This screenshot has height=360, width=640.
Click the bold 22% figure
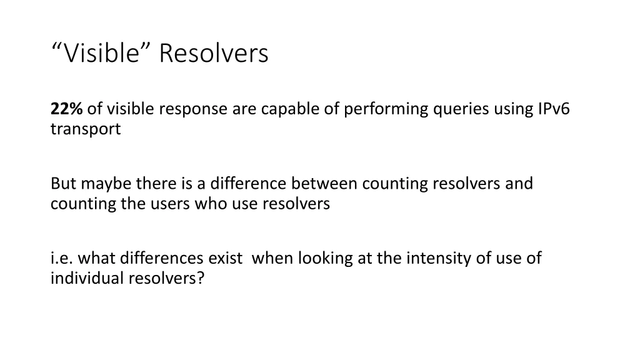pyautogui.click(x=66, y=109)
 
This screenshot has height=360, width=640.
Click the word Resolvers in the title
pyautogui.click(x=213, y=54)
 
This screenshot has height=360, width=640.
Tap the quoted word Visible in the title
pyautogui.click(x=101, y=54)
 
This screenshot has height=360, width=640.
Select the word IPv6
pyautogui.click(x=554, y=109)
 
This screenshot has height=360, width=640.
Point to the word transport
pyautogui.click(x=86, y=130)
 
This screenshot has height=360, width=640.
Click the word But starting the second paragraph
pyautogui.click(x=63, y=184)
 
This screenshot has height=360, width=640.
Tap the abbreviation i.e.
pyautogui.click(x=62, y=258)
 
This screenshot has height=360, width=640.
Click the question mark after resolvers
pyautogui.click(x=201, y=279)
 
